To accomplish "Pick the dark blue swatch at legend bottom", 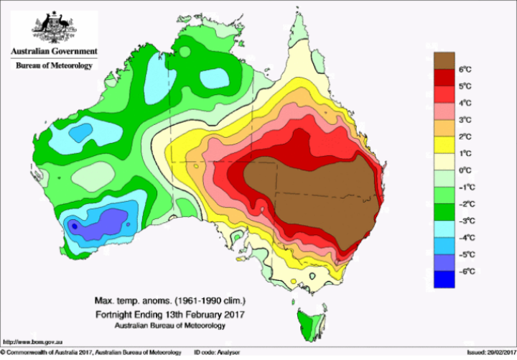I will tap(444, 280).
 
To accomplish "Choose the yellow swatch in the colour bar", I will tap(444, 145).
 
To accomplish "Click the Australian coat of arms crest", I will tap(53, 28).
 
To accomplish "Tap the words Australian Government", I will tap(53, 52).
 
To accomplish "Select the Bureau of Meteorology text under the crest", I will tap(54, 65).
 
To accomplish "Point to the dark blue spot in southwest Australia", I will tap(73, 226).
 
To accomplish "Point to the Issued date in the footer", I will tap(490, 354).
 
